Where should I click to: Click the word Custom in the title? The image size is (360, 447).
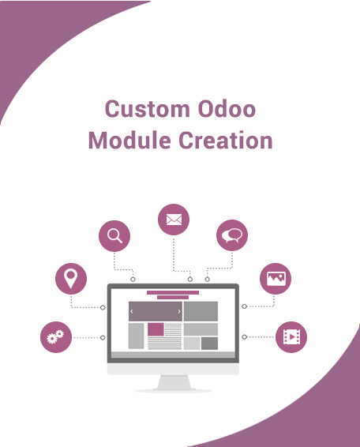point(148,109)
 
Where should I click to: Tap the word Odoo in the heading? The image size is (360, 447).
point(227,109)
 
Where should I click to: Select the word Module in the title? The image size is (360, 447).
point(129,141)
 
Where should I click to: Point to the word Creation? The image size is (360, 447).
point(226,141)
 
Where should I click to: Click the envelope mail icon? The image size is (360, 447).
point(174,220)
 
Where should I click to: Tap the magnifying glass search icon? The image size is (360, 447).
point(114,236)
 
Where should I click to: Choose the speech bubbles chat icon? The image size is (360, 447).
point(232,235)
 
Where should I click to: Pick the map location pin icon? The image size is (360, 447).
point(71,279)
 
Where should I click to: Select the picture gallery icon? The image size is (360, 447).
point(276,279)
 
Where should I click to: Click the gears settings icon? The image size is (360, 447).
point(56,337)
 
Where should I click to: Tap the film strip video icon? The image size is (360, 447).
point(291,337)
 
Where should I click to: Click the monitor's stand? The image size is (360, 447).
point(174,384)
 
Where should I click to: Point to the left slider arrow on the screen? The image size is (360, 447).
point(131,312)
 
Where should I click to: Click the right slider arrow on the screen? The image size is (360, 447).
point(179,312)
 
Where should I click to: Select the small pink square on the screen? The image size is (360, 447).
point(156,329)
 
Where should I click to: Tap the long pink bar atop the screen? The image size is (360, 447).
point(173,292)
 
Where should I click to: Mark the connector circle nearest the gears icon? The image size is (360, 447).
point(103,337)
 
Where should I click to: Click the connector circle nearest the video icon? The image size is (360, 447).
point(244,337)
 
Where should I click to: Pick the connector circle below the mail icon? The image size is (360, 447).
point(190,280)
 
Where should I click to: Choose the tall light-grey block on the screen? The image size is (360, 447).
point(137,336)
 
